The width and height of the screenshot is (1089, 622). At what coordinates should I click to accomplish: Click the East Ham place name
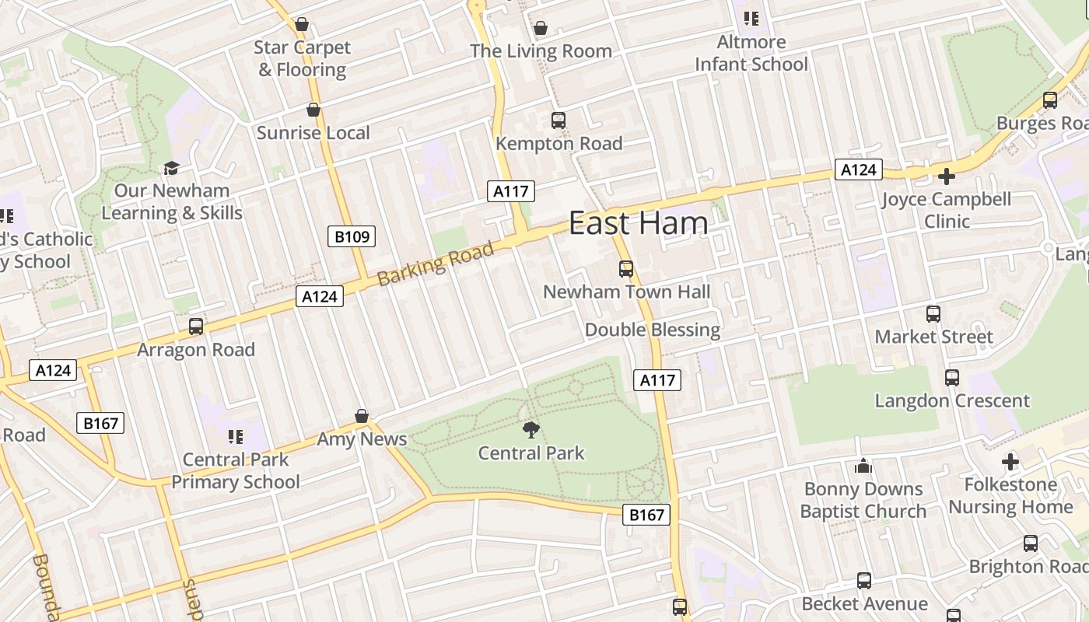tap(639, 223)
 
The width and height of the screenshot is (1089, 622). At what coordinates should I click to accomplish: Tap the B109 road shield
tap(352, 236)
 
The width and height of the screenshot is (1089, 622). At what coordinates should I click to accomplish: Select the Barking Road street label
tap(436, 264)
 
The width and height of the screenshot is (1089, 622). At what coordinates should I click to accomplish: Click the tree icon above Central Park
tap(531, 429)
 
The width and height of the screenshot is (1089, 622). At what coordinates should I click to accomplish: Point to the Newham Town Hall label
tap(626, 292)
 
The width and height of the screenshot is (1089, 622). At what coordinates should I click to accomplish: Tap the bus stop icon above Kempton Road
tap(559, 121)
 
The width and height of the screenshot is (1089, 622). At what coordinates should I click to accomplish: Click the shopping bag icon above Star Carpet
tap(302, 24)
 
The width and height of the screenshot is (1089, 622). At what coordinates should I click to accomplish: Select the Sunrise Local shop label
tap(313, 133)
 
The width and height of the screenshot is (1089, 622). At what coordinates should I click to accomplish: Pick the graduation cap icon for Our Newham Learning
tap(171, 168)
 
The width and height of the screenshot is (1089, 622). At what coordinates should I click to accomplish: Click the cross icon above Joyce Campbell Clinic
tap(946, 176)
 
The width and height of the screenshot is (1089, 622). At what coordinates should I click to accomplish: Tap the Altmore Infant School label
tap(751, 53)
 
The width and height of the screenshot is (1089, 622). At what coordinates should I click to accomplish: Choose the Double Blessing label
tap(653, 330)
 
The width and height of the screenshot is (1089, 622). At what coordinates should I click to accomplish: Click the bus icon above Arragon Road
tap(196, 327)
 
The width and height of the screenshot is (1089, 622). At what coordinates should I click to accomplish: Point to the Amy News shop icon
tap(362, 417)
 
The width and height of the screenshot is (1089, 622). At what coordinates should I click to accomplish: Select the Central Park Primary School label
tap(236, 470)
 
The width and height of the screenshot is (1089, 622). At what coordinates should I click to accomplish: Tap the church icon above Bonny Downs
tap(863, 466)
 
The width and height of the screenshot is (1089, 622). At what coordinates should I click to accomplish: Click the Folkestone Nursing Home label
tap(1010, 495)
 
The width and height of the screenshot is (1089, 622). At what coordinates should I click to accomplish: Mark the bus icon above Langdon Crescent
tap(952, 378)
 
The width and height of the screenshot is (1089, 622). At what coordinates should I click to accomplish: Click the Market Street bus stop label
tap(933, 337)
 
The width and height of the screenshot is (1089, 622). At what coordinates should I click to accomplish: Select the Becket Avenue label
tap(864, 603)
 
